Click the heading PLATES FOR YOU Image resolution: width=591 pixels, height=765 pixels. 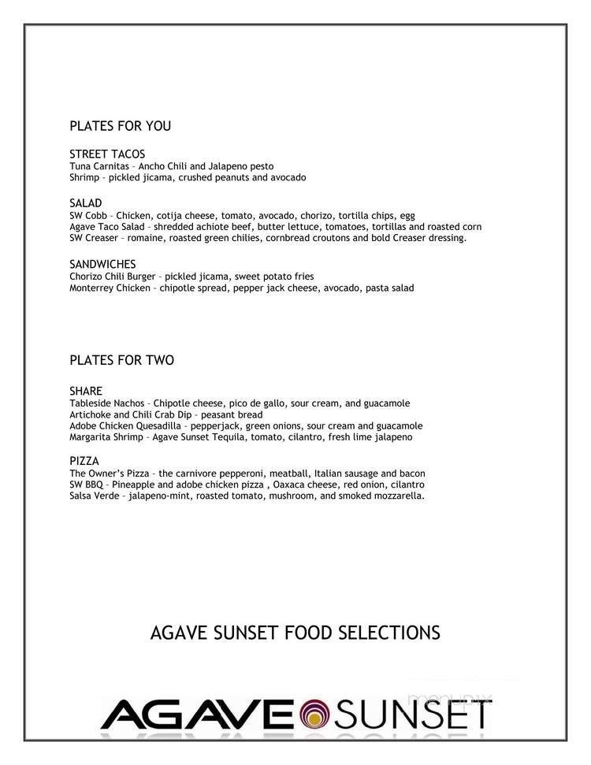(x=120, y=126)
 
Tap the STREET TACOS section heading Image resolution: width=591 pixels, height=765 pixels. (x=107, y=154)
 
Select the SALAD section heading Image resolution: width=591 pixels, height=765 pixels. (x=86, y=203)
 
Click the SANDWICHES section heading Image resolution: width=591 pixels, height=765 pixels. (x=102, y=265)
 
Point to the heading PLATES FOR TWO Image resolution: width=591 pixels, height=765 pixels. (x=121, y=361)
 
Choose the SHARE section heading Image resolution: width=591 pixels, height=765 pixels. (x=86, y=392)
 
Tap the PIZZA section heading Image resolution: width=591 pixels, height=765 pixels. (x=84, y=461)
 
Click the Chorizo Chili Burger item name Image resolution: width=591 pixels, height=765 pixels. (x=113, y=277)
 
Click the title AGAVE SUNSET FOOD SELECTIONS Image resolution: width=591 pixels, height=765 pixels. (x=295, y=633)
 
